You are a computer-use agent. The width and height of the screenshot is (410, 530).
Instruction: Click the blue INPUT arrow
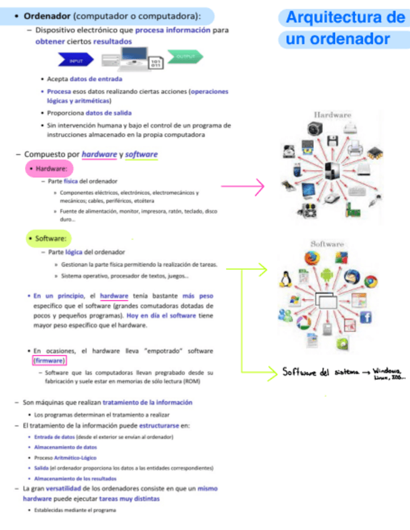(x=75, y=61)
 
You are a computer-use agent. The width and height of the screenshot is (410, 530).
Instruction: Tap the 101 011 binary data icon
(x=156, y=63)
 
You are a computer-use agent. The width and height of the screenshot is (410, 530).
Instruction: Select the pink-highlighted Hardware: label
(x=49, y=169)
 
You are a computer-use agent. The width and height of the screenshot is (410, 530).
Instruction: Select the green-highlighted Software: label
(x=49, y=238)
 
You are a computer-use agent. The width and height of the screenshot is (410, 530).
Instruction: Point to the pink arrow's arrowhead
(x=262, y=185)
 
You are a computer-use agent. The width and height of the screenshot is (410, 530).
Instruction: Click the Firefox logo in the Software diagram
(x=312, y=258)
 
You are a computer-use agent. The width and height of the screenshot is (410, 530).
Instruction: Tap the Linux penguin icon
(x=287, y=279)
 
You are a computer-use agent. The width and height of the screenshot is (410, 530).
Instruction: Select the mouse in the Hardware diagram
(x=332, y=197)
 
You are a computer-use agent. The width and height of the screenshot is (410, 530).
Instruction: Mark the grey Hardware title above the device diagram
(x=332, y=114)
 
